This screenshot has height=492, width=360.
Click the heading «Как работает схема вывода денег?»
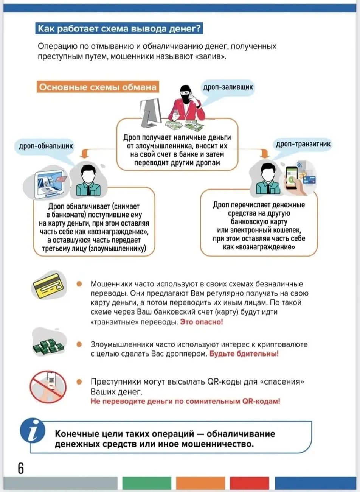[x=119, y=29]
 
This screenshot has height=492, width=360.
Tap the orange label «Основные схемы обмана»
[x=98, y=87]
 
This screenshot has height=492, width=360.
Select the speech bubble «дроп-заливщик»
[x=228, y=87]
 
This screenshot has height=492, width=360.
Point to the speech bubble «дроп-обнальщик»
[x=46, y=146]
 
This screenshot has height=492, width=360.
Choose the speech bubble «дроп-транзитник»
[x=303, y=144]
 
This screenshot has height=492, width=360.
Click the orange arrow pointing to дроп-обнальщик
[x=85, y=153]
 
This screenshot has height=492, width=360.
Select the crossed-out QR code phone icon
[x=48, y=386]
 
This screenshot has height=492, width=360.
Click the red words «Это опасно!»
[x=202, y=322]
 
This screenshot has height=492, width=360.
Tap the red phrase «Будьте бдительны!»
[x=244, y=354]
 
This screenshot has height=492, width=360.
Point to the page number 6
[x=20, y=468]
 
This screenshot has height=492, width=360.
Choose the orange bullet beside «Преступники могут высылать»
[x=79, y=382]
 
